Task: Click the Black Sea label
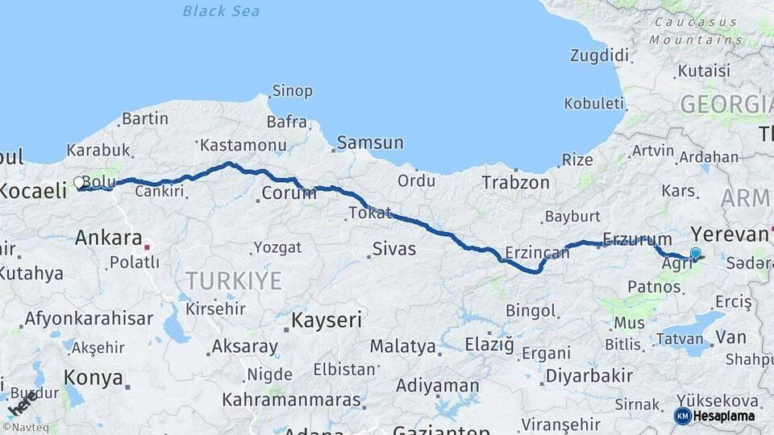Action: click(x=221, y=10)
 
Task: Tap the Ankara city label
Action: click(x=108, y=238)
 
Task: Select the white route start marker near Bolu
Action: click(x=79, y=183)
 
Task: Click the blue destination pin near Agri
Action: click(x=695, y=254)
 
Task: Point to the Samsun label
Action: click(x=370, y=143)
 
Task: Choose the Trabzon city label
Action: click(x=515, y=183)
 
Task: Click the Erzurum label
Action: click(x=637, y=239)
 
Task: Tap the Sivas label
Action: click(x=394, y=249)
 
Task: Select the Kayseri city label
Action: click(x=326, y=320)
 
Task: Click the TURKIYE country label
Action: click(x=234, y=280)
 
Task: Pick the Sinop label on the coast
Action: click(x=292, y=91)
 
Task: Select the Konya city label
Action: click(x=94, y=378)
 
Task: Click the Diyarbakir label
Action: click(x=589, y=375)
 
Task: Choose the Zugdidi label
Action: click(x=599, y=56)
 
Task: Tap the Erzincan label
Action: click(x=537, y=253)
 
